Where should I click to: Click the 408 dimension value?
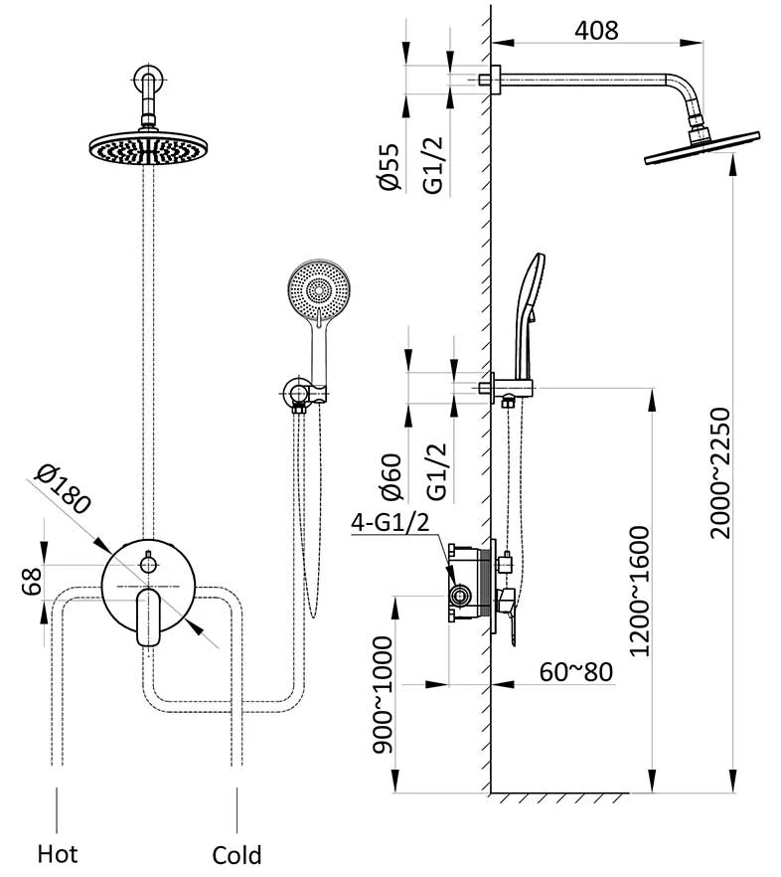(596, 30)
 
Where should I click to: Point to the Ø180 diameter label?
(62, 488)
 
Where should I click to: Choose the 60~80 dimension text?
(576, 671)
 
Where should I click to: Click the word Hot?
(57, 852)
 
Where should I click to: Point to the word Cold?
(236, 854)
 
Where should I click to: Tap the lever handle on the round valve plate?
(150, 614)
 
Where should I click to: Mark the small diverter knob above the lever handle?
(149, 564)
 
